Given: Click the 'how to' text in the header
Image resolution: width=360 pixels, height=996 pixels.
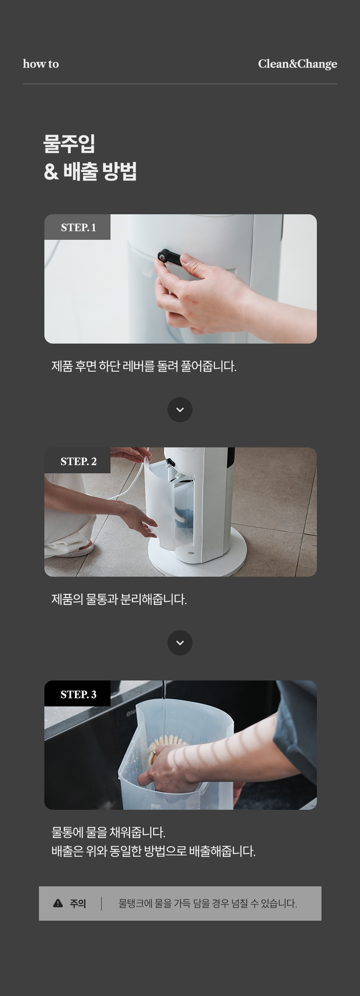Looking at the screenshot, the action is (41, 64).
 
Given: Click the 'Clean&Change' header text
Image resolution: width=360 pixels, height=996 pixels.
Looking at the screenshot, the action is (297, 64).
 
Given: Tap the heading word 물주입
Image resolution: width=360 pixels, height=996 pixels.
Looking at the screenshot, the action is (69, 144).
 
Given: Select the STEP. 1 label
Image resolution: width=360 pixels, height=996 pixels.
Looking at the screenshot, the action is (78, 227).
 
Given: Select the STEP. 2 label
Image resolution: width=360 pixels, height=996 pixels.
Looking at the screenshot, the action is (78, 461).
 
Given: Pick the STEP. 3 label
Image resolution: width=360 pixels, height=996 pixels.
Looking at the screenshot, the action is (78, 694).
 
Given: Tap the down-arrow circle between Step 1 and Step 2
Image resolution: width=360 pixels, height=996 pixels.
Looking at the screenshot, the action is (180, 410).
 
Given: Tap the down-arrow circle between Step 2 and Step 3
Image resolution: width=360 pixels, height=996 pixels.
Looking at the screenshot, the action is (180, 643).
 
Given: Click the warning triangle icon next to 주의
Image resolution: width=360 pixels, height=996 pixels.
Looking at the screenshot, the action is (58, 904).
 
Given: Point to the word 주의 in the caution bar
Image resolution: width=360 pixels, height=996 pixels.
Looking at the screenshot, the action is (78, 904).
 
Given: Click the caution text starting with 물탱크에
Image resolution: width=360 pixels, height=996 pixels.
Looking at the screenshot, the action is (208, 904).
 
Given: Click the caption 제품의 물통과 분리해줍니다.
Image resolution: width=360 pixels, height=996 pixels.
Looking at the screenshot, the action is (119, 599).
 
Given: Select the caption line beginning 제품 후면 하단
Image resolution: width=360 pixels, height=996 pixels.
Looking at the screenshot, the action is (144, 366).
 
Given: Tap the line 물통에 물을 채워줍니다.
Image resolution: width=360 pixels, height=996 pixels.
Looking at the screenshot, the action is (108, 832).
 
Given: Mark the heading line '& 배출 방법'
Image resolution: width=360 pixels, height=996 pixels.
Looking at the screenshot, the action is (90, 172).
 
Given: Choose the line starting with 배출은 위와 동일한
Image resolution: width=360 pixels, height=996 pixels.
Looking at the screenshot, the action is (153, 851).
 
